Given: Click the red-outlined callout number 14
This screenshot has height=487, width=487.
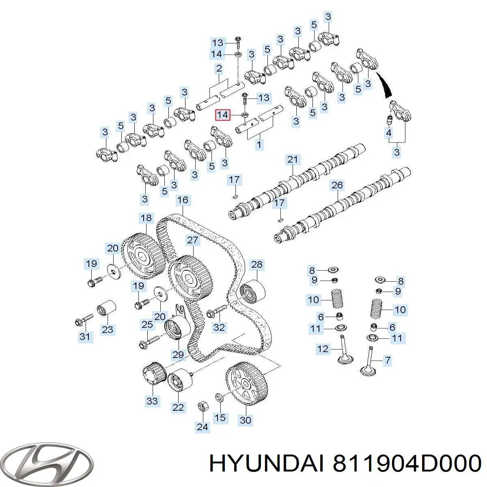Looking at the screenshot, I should point(223,115).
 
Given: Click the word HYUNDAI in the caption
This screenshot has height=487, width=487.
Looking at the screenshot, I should point(266,463).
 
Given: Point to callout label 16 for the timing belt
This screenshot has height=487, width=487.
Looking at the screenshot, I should point(183,200).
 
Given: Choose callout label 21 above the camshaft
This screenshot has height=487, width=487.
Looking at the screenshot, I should point(293,159).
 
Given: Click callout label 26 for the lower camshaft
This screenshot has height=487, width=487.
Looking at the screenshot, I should point(337,185).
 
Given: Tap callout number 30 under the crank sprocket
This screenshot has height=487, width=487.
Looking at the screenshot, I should point(245,420).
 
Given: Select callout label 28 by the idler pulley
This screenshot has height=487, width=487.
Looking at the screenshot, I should point(256,265).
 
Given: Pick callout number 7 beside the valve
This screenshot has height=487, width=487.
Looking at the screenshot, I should point(387,360).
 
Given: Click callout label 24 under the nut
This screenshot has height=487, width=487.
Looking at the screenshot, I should point(202,427).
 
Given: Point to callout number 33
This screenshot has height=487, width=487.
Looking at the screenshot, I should point(152,401).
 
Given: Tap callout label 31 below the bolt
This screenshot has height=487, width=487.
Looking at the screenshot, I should point(85,336).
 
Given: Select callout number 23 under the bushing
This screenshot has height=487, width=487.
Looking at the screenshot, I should point(108,329).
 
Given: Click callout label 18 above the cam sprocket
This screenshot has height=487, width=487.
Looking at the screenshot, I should point(146,218).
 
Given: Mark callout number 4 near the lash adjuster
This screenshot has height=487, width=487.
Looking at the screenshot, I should point(388,133).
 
